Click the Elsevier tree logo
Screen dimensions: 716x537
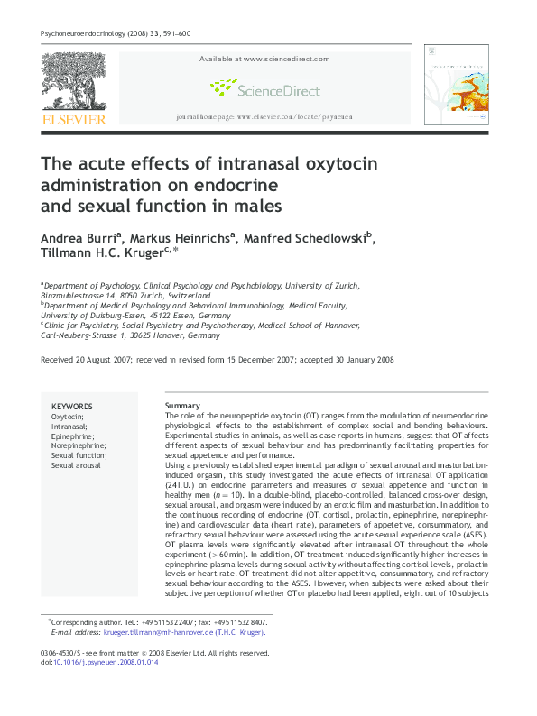[x=72, y=83]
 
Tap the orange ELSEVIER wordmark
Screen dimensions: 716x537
[x=73, y=120]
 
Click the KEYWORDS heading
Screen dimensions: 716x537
[x=71, y=407]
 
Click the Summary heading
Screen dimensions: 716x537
[x=181, y=407]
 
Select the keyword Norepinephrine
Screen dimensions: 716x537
[x=79, y=446]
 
